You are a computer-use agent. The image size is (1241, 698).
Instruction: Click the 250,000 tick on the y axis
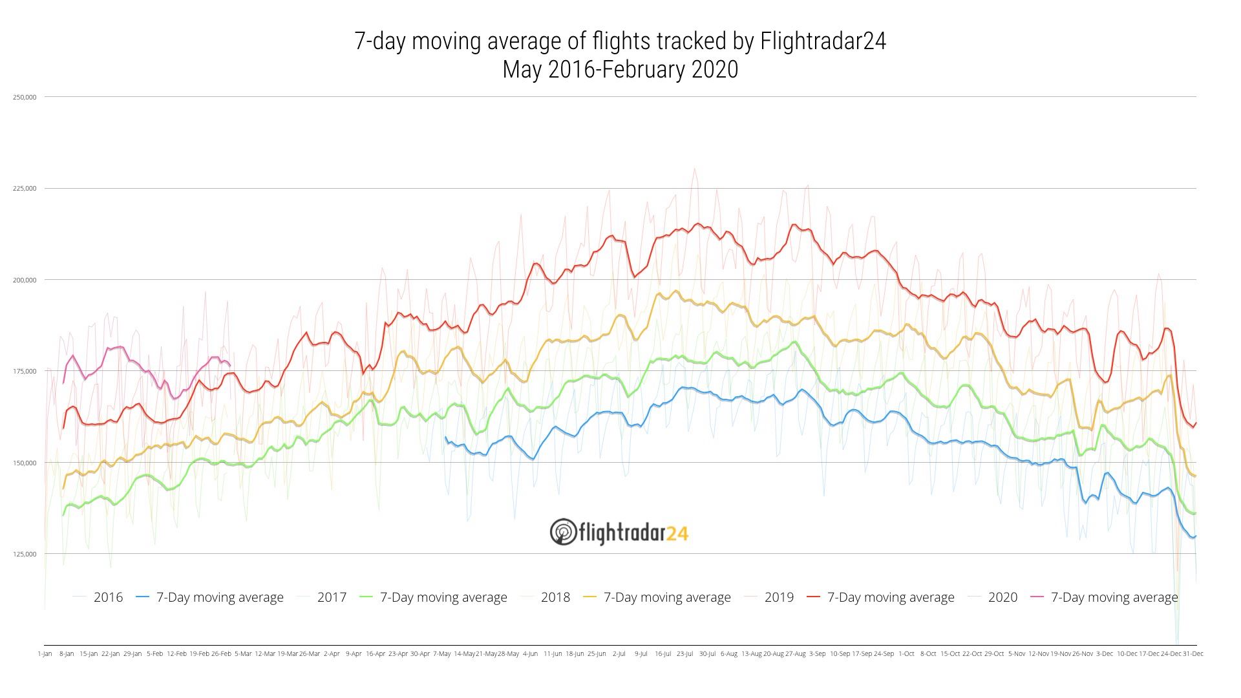tap(25, 97)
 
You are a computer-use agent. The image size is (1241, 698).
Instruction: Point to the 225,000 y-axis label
tap(25, 189)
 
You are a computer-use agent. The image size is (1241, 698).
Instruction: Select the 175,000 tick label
tap(25, 372)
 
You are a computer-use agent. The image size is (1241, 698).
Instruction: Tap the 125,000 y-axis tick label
tap(25, 555)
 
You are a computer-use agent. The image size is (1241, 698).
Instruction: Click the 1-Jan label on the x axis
tap(45, 654)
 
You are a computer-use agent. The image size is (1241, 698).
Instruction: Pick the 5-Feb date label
tap(154, 654)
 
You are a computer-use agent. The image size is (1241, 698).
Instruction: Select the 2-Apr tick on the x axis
tap(332, 654)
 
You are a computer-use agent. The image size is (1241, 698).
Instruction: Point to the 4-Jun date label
tap(530, 654)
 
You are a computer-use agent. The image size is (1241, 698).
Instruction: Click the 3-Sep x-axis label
tap(818, 654)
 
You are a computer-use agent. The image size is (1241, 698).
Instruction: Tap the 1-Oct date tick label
tap(906, 654)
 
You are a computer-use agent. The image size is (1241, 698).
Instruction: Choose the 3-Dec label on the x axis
tap(1105, 654)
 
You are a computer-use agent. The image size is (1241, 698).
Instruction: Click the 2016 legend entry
tap(108, 597)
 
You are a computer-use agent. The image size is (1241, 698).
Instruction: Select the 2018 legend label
tap(555, 597)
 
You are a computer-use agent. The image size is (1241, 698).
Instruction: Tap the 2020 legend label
tap(1002, 597)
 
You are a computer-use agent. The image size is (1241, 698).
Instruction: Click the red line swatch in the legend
tap(814, 597)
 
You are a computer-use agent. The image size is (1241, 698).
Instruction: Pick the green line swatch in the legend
tap(367, 597)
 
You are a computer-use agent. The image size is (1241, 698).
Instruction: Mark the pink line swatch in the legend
tap(1038, 597)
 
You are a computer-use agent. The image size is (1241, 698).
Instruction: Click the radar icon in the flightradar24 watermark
tap(563, 532)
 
